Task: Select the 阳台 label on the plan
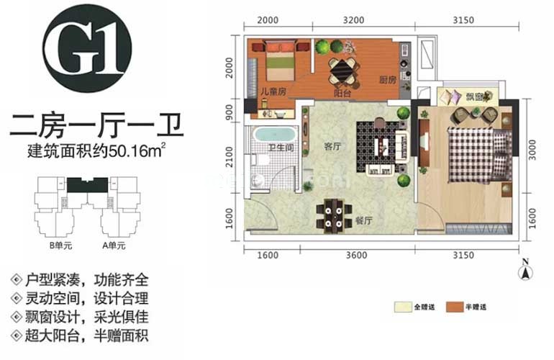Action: click(x=342, y=92)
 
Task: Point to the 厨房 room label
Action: click(x=388, y=81)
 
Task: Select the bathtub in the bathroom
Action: click(x=273, y=135)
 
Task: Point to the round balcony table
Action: click(x=342, y=71)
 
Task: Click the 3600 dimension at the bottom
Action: click(x=357, y=255)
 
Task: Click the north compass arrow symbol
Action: click(x=526, y=271)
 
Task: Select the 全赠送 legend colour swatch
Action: click(x=402, y=306)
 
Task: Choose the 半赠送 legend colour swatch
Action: click(x=454, y=306)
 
